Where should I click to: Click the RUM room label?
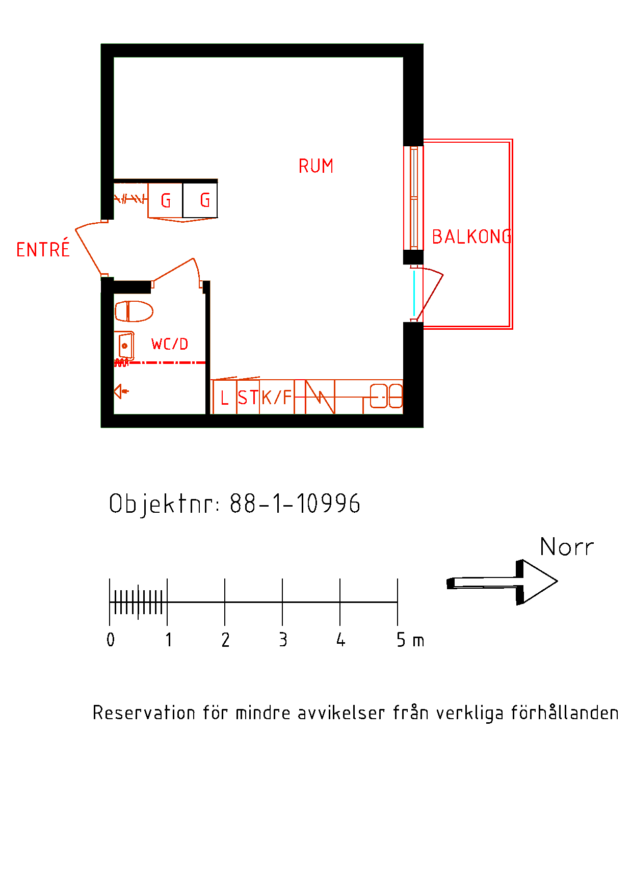click(316, 166)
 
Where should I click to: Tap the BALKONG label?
click(471, 236)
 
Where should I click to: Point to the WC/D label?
click(170, 344)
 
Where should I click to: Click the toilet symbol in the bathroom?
click(134, 311)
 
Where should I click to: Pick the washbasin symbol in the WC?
click(125, 346)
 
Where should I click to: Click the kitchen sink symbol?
click(386, 396)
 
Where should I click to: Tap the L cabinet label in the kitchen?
click(224, 398)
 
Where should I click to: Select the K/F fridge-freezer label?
click(277, 397)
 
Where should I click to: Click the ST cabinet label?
click(248, 398)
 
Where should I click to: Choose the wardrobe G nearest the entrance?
click(166, 200)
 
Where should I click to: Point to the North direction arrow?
click(502, 582)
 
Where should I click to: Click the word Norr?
click(567, 547)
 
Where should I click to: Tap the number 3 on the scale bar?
click(283, 640)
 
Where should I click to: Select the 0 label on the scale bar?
click(111, 640)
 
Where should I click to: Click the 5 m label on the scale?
click(410, 640)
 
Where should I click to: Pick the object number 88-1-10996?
click(295, 504)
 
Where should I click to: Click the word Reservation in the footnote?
click(144, 713)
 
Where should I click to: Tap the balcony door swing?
click(431, 294)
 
